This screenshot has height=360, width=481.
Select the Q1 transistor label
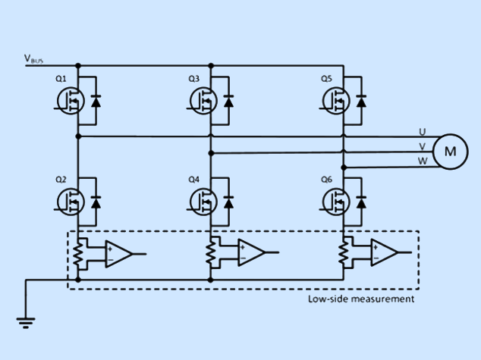point(61,79)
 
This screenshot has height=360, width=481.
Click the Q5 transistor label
point(326,79)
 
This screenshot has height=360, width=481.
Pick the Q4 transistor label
point(193,180)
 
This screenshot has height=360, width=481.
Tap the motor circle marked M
point(450,150)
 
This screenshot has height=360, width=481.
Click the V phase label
point(422,146)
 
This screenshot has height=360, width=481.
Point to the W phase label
point(422,161)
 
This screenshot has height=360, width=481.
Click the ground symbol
point(27,323)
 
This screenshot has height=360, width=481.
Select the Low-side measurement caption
point(361,299)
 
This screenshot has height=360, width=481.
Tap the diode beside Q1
point(96,100)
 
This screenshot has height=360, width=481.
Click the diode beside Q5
point(361,100)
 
